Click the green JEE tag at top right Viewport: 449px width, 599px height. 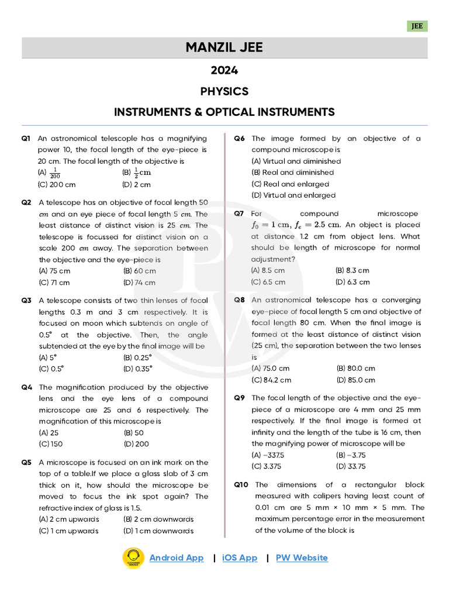pos(417,26)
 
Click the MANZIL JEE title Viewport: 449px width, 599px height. pos(224,47)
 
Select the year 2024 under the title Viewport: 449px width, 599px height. pos(224,71)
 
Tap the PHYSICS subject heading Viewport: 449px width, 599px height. pos(224,91)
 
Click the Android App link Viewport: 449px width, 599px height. pos(177,557)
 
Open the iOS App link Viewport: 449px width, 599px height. pos(240,557)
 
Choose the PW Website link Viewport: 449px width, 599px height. pos(302,557)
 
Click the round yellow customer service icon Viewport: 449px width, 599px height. pos(133,559)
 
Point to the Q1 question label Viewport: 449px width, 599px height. pos(26,139)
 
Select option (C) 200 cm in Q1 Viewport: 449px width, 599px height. pos(57,184)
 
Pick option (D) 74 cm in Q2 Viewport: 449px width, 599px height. pos(140,283)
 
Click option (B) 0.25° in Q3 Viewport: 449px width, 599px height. pos(138,357)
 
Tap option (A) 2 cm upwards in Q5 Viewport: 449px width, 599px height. pos(69,519)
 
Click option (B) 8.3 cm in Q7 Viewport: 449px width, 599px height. pos(353,270)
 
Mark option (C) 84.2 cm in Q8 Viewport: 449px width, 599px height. pos(271,380)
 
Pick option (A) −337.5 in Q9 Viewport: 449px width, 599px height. pos(268,455)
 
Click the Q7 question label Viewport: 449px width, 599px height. pos(239,214)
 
